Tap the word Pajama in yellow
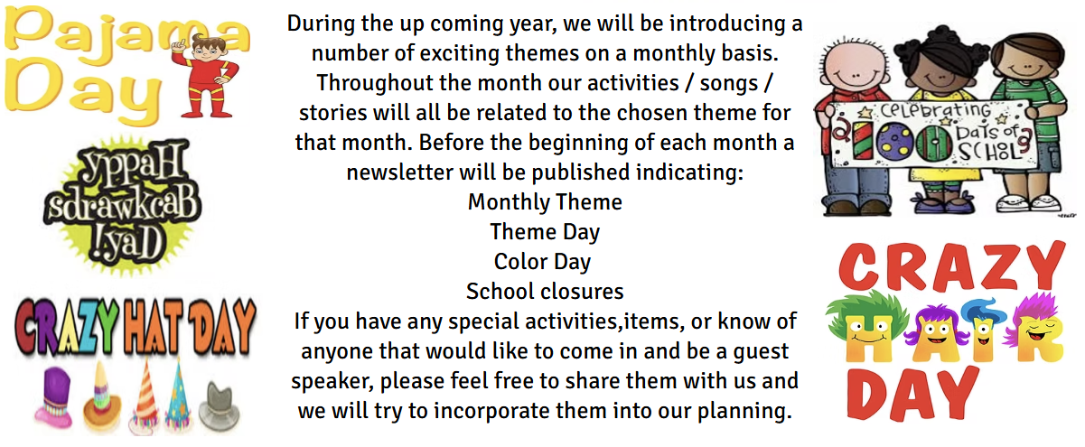pyautogui.click(x=126, y=35)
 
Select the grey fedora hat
pyautogui.click(x=219, y=405)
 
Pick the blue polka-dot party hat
pyautogui.click(x=178, y=395)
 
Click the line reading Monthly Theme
pyautogui.click(x=545, y=202)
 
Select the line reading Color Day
pyautogui.click(x=542, y=262)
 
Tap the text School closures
pyautogui.click(x=545, y=292)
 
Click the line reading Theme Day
pyautogui.click(x=545, y=232)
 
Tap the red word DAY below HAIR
pyautogui.click(x=913, y=393)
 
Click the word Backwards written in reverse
pyautogui.click(x=124, y=205)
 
